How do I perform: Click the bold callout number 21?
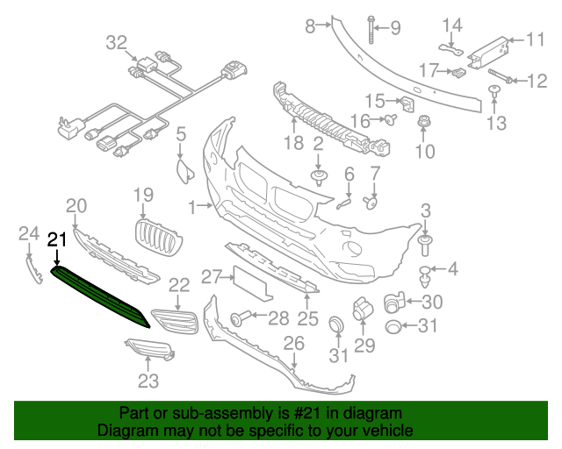pyautogui.click(x=57, y=239)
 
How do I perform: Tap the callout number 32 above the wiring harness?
pyautogui.click(x=117, y=41)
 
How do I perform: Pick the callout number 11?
pyautogui.click(x=536, y=39)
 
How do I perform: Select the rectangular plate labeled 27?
pyautogui.click(x=249, y=282)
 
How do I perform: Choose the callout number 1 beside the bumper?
pyautogui.click(x=193, y=207)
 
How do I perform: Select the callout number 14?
pyautogui.click(x=451, y=24)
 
